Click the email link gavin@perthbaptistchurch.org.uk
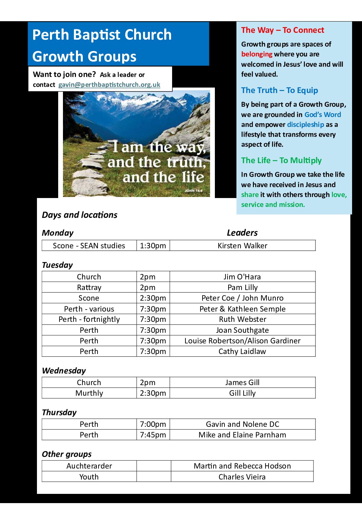coord(109,84)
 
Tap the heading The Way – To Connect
coord(282,30)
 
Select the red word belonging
coord(257,54)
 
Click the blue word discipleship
coord(305,124)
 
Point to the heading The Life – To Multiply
coord(281,160)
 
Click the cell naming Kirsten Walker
coord(242,246)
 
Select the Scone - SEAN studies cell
coord(89,246)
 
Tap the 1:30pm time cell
coord(153,246)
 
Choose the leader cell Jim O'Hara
coord(242,277)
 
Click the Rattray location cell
coord(89,287)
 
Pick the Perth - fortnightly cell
coord(89,319)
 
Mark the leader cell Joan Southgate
coord(242,330)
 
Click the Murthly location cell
coord(89,393)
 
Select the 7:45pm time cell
coord(153,435)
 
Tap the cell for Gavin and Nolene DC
coord(242,424)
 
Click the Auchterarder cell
coord(89,466)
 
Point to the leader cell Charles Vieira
coord(242,477)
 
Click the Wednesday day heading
coord(64,371)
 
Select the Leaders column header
coord(242,233)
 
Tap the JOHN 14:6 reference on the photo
coord(194,191)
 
